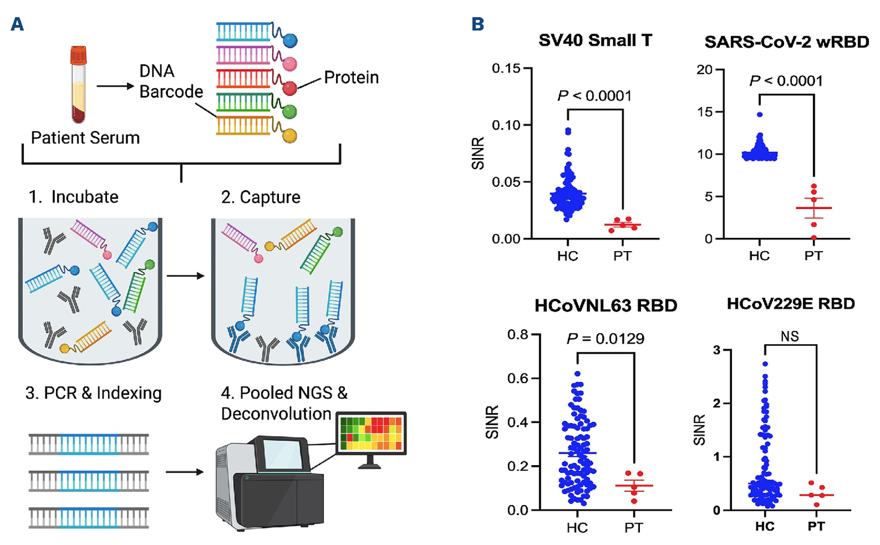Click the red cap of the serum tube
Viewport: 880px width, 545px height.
pos(78,56)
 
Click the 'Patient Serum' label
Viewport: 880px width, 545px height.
pos(85,138)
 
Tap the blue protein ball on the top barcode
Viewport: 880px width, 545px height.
pos(289,40)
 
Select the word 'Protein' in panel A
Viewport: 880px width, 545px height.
pos(351,78)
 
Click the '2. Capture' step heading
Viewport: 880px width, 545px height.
pos(260,197)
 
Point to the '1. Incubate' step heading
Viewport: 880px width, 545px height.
pos(73,197)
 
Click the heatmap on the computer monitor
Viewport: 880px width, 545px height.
pos(370,433)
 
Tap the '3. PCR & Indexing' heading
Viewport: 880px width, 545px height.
pos(93,393)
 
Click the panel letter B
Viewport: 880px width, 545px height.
pos(478,25)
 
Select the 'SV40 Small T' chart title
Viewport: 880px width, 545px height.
pos(595,40)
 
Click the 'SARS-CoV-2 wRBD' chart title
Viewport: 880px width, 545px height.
pos(786,42)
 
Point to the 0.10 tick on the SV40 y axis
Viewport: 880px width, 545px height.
pos(506,125)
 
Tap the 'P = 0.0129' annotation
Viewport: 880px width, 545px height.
pos(605,338)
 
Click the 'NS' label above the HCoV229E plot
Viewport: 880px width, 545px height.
pos(790,336)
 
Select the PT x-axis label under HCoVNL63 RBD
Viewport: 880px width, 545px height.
pos(634,527)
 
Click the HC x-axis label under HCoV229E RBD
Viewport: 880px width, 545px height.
pos(764,526)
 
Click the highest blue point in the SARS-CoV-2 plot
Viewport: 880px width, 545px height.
pos(760,115)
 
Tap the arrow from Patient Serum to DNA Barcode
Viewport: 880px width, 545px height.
pos(115,87)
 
